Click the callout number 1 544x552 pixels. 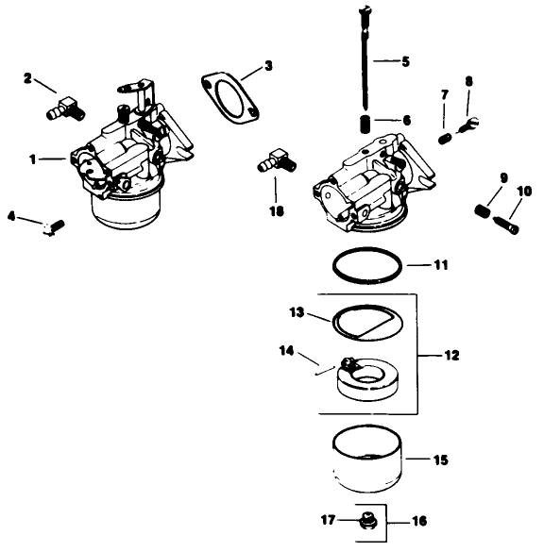(34, 159)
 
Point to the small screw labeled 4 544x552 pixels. (52, 226)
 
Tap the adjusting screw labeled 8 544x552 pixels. (465, 123)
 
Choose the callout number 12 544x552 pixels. (452, 355)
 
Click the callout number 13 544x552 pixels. (295, 311)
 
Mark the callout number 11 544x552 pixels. (440, 265)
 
